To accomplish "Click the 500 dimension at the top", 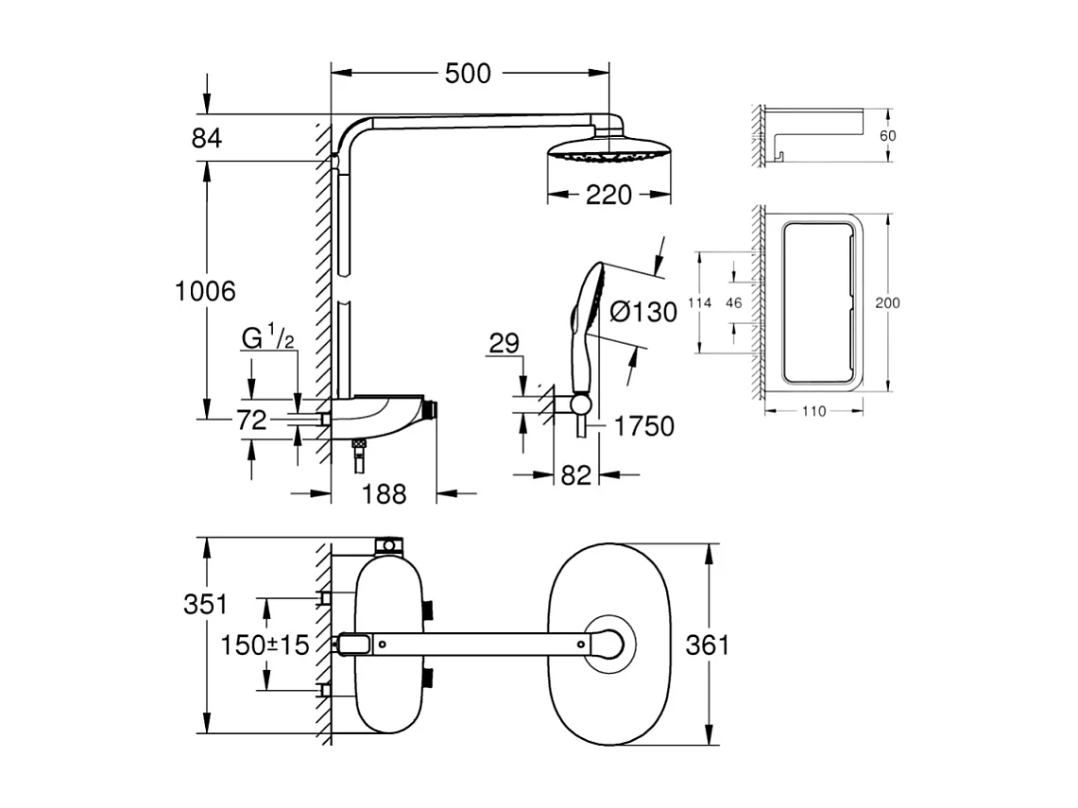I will tap(468, 73).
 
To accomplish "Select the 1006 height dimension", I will tap(205, 291).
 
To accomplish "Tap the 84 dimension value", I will tap(206, 138).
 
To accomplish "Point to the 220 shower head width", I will tap(608, 196).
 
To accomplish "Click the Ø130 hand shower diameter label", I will tap(643, 312).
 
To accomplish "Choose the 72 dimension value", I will tap(251, 421).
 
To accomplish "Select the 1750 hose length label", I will tap(644, 427).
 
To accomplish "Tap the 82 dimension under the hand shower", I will tap(575, 475).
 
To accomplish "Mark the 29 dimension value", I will tap(505, 343).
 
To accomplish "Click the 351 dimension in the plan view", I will tap(205, 605).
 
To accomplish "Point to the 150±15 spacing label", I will tap(265, 645).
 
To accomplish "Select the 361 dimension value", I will tap(707, 645).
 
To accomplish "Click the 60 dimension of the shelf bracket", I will tap(887, 136).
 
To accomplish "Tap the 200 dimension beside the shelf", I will tap(887, 303).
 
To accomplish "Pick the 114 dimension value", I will tap(698, 303).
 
